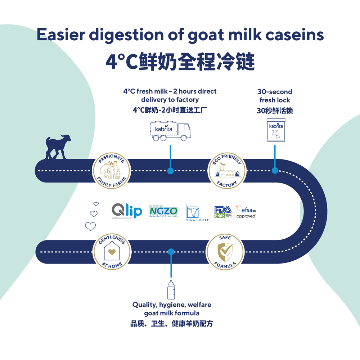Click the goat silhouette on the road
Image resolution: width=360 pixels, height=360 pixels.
click(57, 147)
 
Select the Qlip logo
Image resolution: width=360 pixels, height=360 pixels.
click(126, 211)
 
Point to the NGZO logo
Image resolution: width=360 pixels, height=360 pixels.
click(163, 211)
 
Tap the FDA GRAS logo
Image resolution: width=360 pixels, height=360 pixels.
click(223, 211)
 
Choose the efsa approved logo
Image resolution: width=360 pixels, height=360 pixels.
click(246, 212)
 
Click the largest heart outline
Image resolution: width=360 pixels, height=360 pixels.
click(90, 226)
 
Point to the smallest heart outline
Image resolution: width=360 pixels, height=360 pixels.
click(96, 204)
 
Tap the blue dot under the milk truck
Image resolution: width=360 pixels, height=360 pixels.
click(170, 171)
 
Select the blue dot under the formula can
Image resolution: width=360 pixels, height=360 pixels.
click(275, 170)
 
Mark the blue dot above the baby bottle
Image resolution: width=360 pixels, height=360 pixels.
click(171, 251)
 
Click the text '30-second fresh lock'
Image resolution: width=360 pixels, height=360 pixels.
click(275, 96)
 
